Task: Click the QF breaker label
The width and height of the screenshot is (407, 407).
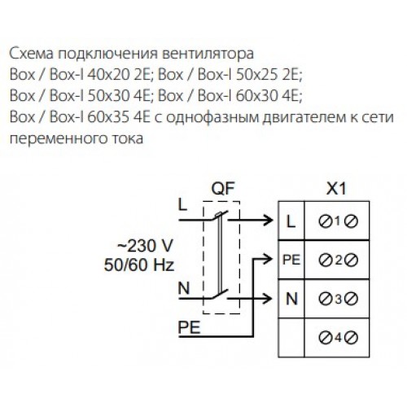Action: coord(223,189)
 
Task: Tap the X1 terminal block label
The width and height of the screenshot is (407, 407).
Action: coord(336,188)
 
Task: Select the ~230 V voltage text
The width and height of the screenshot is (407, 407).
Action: coord(145,246)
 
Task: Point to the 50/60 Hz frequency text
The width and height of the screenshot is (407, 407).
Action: coord(139,265)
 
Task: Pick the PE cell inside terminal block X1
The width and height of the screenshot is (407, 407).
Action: coord(291,260)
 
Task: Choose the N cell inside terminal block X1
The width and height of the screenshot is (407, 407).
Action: coord(291,299)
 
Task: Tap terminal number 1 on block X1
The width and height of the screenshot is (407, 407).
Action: coord(337,221)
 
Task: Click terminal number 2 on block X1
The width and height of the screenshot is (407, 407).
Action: coord(338,260)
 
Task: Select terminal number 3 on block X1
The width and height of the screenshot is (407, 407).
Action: coord(338,299)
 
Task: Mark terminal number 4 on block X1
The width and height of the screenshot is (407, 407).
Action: coord(338,338)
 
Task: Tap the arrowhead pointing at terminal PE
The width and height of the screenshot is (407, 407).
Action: coord(268,259)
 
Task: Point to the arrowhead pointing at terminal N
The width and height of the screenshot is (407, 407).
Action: coord(267,299)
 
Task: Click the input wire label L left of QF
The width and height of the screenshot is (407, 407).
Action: coord(183,204)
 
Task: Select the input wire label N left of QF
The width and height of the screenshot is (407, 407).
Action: coord(184,288)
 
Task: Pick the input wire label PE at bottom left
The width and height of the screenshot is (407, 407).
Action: coord(189,327)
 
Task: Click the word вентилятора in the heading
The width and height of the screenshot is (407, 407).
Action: coord(208,54)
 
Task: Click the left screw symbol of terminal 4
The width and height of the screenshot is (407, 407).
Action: coord(326,338)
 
